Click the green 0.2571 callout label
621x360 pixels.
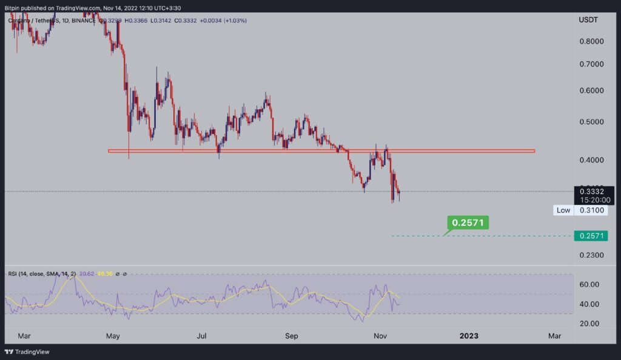point(468,222)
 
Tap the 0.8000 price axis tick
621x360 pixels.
point(591,42)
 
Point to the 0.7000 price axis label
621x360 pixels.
point(591,64)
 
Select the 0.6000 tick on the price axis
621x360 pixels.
point(591,91)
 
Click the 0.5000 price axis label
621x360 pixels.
point(591,122)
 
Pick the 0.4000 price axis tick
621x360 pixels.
point(591,160)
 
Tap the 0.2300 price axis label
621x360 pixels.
point(591,256)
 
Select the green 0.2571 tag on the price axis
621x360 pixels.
point(591,236)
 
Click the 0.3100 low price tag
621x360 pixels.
point(591,210)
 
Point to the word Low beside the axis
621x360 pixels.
point(563,210)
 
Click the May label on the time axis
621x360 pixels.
point(113,335)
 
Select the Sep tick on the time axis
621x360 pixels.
point(292,335)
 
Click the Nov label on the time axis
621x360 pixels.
point(381,335)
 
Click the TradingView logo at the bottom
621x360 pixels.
point(27,352)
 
